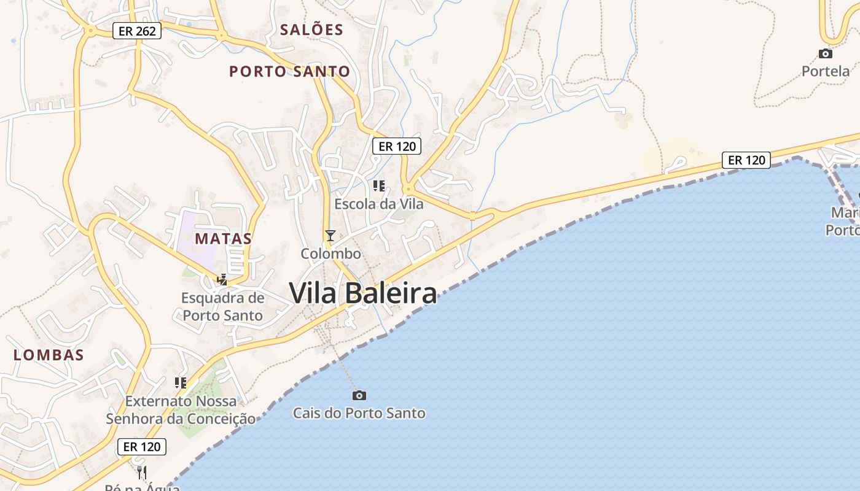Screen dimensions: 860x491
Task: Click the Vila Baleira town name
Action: (x=363, y=293)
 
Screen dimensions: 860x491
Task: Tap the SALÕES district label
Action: (x=311, y=29)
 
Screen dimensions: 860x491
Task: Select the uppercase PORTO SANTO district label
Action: (x=289, y=71)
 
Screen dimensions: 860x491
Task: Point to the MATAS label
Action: (x=224, y=239)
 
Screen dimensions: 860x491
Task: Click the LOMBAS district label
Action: (x=49, y=355)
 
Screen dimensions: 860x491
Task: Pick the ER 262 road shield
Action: (x=137, y=31)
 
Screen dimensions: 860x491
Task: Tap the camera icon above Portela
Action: (x=826, y=54)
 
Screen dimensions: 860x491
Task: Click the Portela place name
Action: (x=826, y=71)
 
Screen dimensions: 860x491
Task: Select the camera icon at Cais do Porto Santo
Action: (x=359, y=395)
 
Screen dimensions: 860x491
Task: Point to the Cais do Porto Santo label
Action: (x=359, y=413)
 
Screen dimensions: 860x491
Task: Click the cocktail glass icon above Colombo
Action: (x=330, y=236)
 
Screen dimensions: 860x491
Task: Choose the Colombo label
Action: (x=330, y=253)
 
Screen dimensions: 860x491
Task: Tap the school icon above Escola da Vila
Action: (x=379, y=185)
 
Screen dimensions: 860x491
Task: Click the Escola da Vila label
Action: (x=379, y=204)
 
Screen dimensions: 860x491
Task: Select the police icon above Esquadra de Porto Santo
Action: (x=222, y=280)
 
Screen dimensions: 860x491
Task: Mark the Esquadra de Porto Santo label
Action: (x=223, y=307)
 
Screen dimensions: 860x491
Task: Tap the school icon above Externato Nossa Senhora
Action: (x=181, y=383)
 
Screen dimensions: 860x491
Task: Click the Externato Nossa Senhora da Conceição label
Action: (x=181, y=410)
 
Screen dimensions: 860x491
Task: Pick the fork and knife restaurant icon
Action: (x=142, y=471)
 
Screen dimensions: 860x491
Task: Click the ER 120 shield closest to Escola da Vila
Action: (x=397, y=146)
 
